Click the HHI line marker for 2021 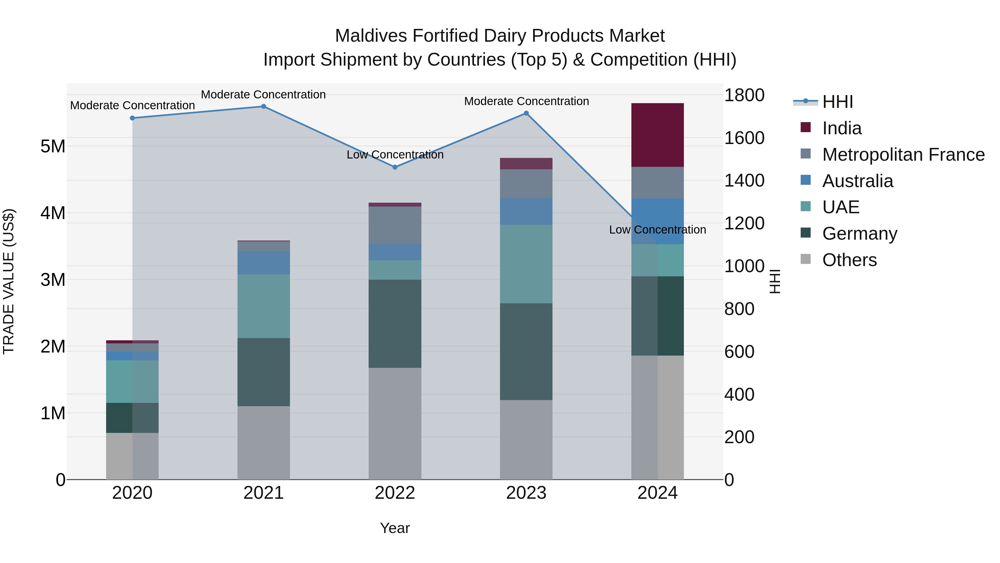263,106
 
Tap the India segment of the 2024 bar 657,135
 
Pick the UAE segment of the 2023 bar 526,264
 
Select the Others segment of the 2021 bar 263,443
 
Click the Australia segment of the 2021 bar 263,263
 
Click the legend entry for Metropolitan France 903,155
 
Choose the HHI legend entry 837,102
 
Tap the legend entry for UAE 841,207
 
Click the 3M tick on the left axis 53,280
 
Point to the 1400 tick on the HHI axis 744,181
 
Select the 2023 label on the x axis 526,493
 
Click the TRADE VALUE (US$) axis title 9,281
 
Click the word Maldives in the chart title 371,36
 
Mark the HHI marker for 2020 132,118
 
